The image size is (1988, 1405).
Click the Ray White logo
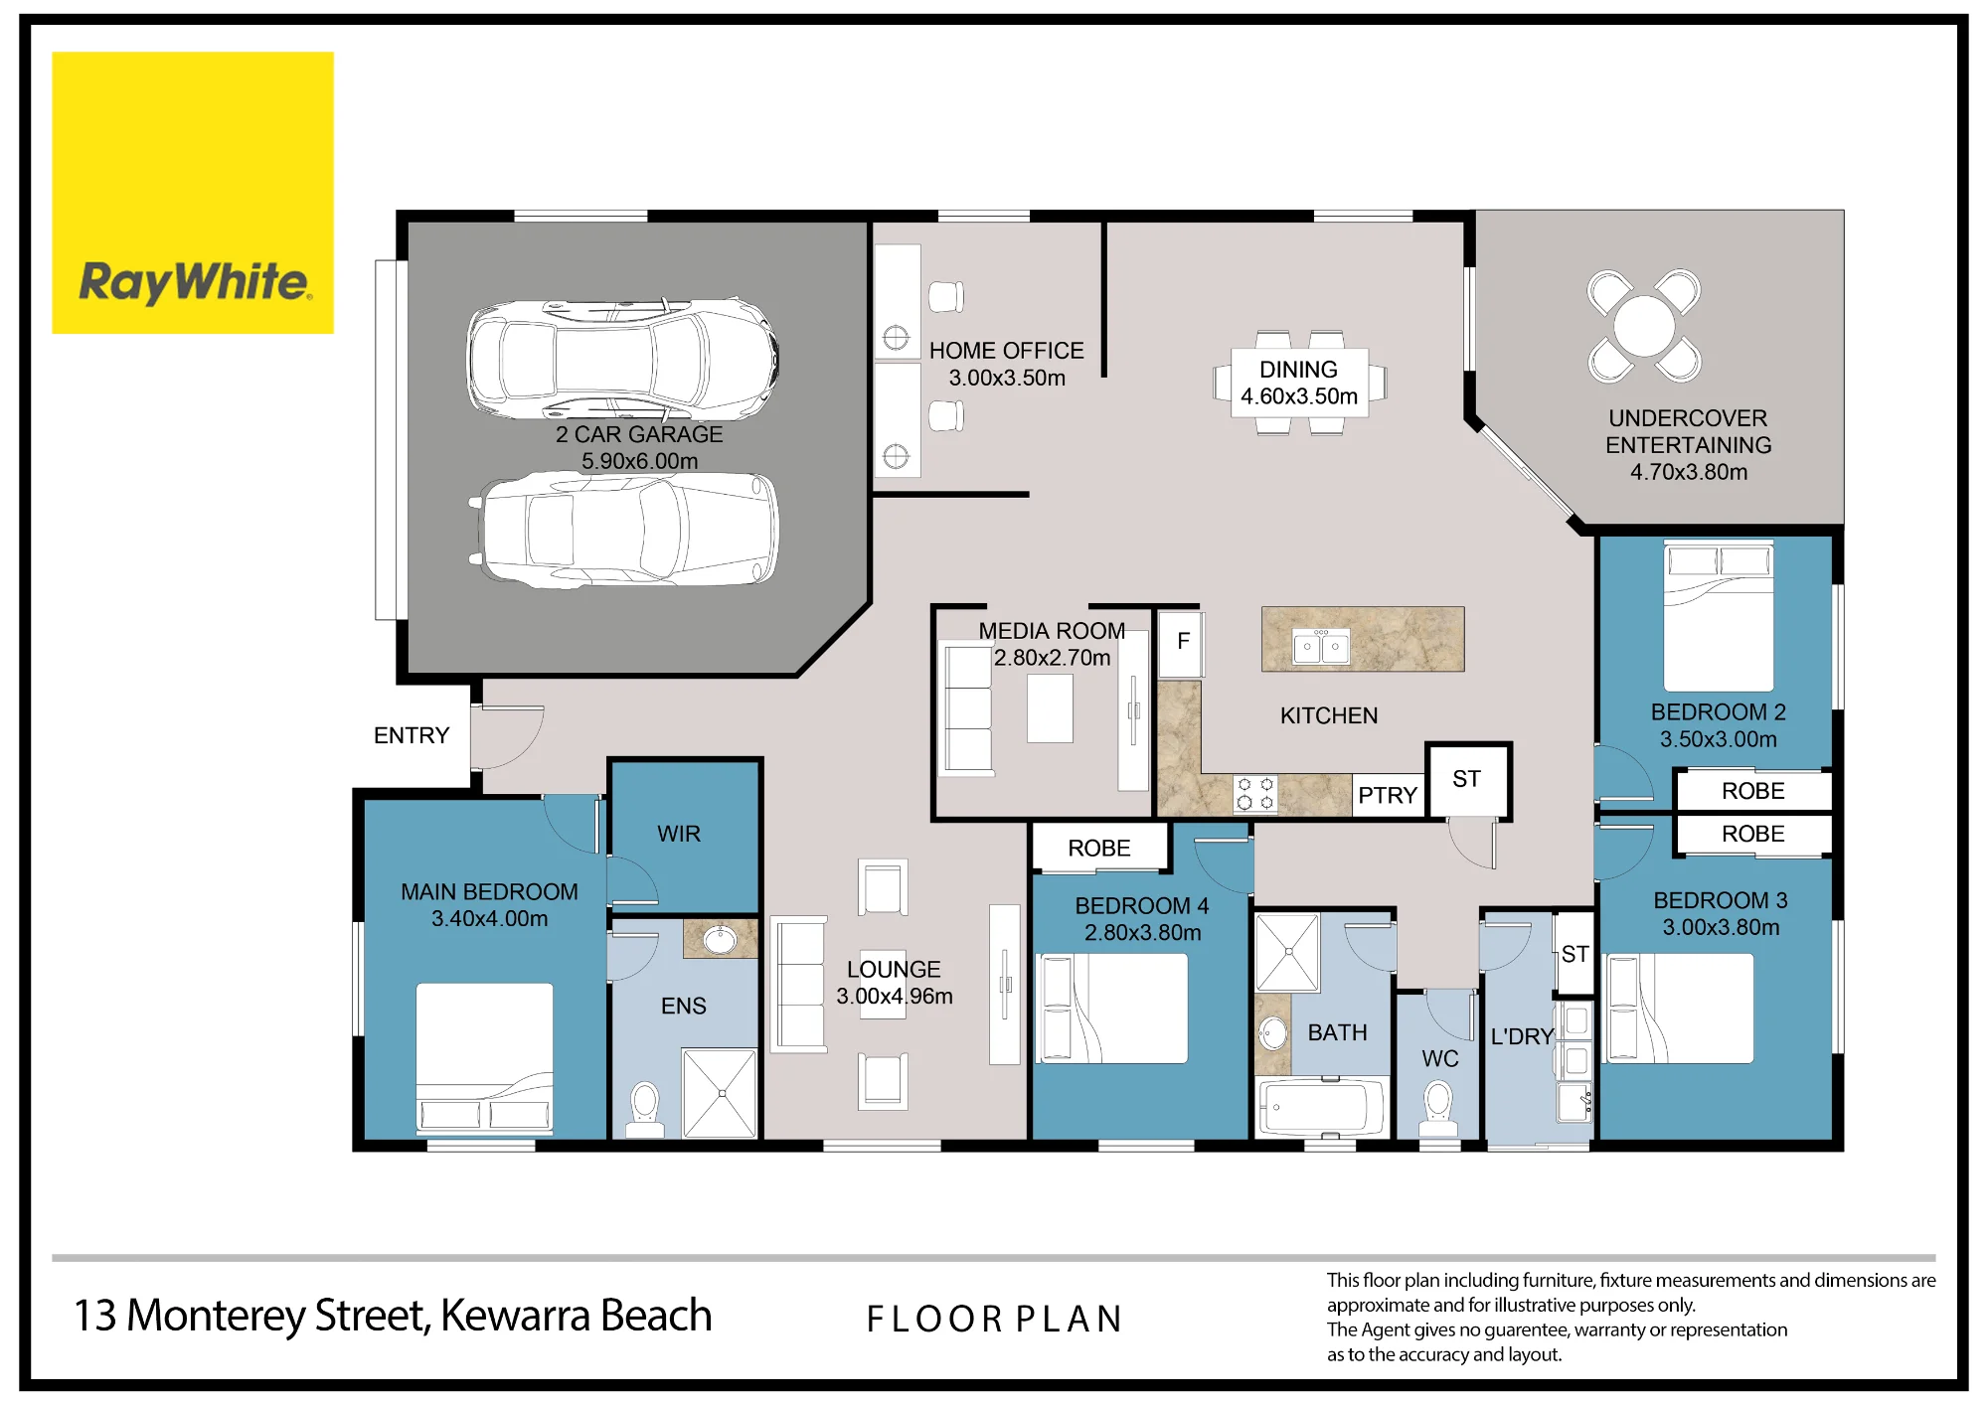coord(193,193)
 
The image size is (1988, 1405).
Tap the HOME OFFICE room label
coord(1006,351)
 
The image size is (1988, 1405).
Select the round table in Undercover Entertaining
coord(1644,326)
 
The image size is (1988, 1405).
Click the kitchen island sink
coord(1321,647)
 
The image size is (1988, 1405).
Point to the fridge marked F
coord(1182,643)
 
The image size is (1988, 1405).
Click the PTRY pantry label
coord(1388,795)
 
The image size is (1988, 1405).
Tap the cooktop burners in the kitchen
coord(1255,794)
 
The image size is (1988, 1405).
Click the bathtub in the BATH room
coord(1322,1107)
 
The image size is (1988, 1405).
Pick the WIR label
coord(679,834)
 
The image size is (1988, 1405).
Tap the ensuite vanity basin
coord(720,939)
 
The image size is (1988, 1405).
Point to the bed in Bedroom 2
coord(1719,615)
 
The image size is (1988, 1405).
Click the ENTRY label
coord(412,735)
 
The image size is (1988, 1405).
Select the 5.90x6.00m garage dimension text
coord(639,461)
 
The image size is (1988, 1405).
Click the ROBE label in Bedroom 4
coord(1099,848)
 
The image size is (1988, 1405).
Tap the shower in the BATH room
coord(1288,952)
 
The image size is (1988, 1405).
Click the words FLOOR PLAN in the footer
coord(994,1319)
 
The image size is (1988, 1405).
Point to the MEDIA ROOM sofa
coord(967,708)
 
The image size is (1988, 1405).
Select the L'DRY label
coord(1522,1036)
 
